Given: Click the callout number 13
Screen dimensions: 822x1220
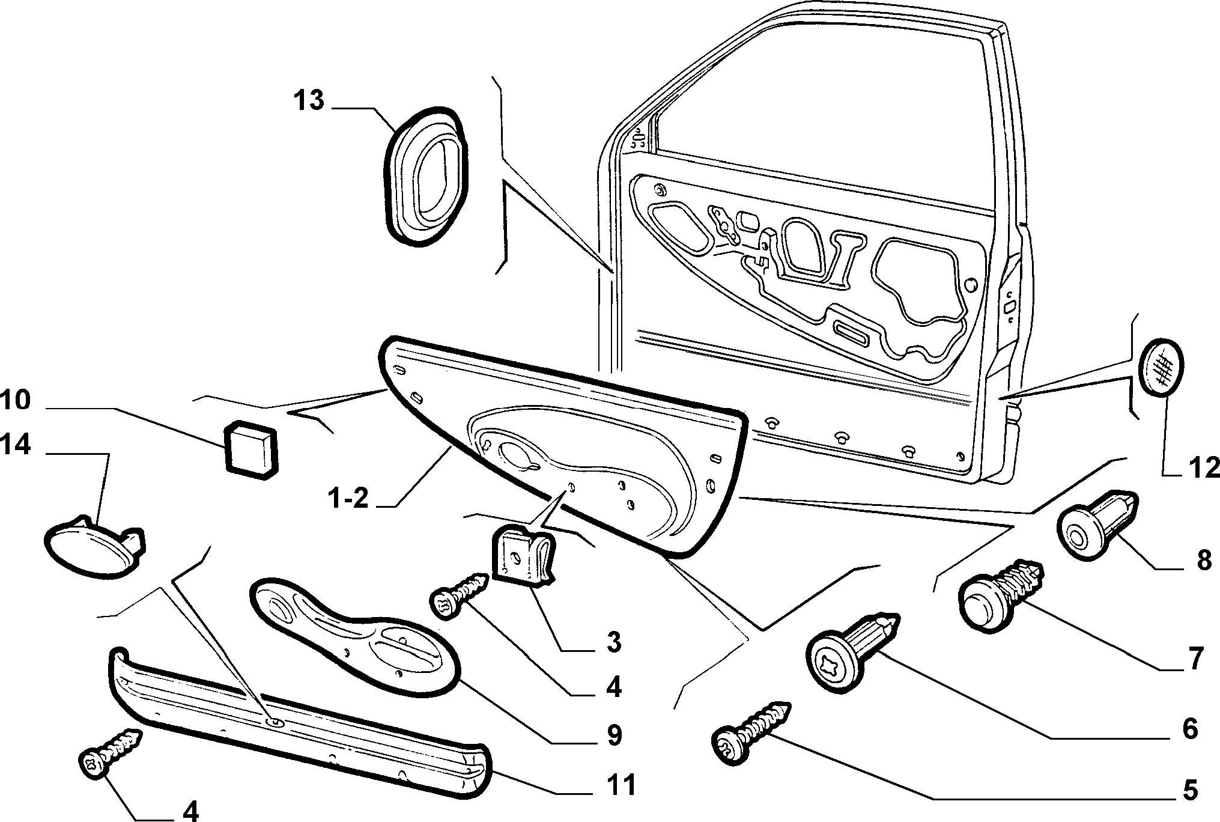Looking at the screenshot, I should [309, 101].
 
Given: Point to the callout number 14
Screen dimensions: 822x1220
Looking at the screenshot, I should [15, 446].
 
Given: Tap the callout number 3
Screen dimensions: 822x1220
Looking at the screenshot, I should [612, 642].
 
